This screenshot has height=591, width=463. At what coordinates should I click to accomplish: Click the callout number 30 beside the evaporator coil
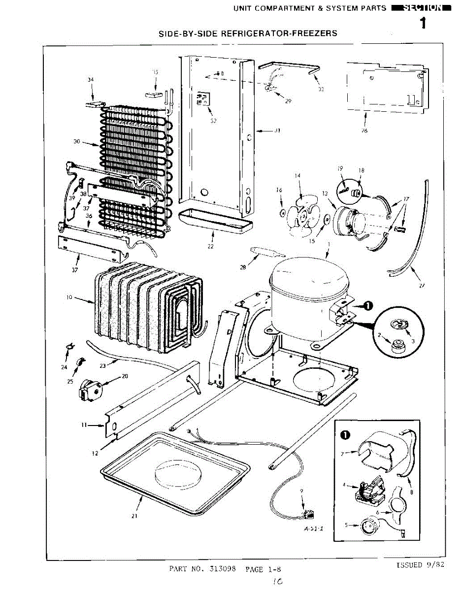(x=77, y=142)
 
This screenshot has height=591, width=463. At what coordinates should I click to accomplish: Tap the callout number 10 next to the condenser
(x=69, y=297)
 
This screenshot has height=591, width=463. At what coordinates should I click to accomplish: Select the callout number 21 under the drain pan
(x=134, y=516)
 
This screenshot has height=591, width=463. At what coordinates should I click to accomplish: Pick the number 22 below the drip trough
(x=210, y=246)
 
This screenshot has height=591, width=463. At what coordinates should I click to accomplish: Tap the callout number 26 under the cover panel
(x=364, y=131)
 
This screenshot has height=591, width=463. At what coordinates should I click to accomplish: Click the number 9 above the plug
(x=301, y=491)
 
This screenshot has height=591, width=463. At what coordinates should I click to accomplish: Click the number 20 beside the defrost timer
(x=125, y=376)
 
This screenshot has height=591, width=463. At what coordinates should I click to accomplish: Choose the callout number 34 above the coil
(x=90, y=79)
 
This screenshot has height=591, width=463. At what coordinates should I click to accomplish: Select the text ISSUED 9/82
(x=420, y=565)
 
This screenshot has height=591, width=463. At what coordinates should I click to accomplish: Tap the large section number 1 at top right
(x=423, y=24)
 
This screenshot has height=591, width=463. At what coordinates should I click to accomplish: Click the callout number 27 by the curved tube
(x=422, y=286)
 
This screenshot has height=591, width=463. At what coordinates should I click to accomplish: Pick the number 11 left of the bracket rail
(x=84, y=424)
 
